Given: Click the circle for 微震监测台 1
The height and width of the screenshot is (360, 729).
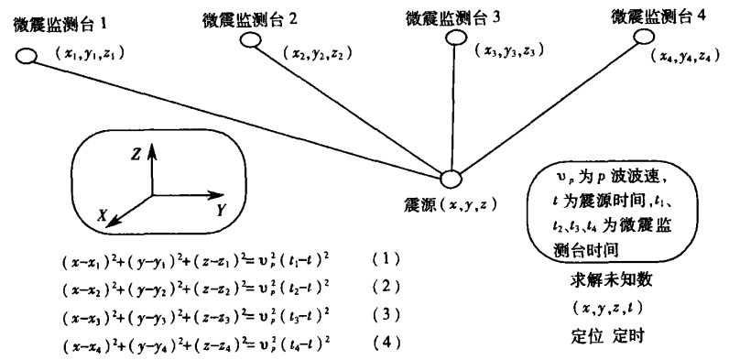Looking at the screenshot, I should (x=27, y=57).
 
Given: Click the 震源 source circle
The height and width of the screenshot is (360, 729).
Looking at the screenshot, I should (x=452, y=179).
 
